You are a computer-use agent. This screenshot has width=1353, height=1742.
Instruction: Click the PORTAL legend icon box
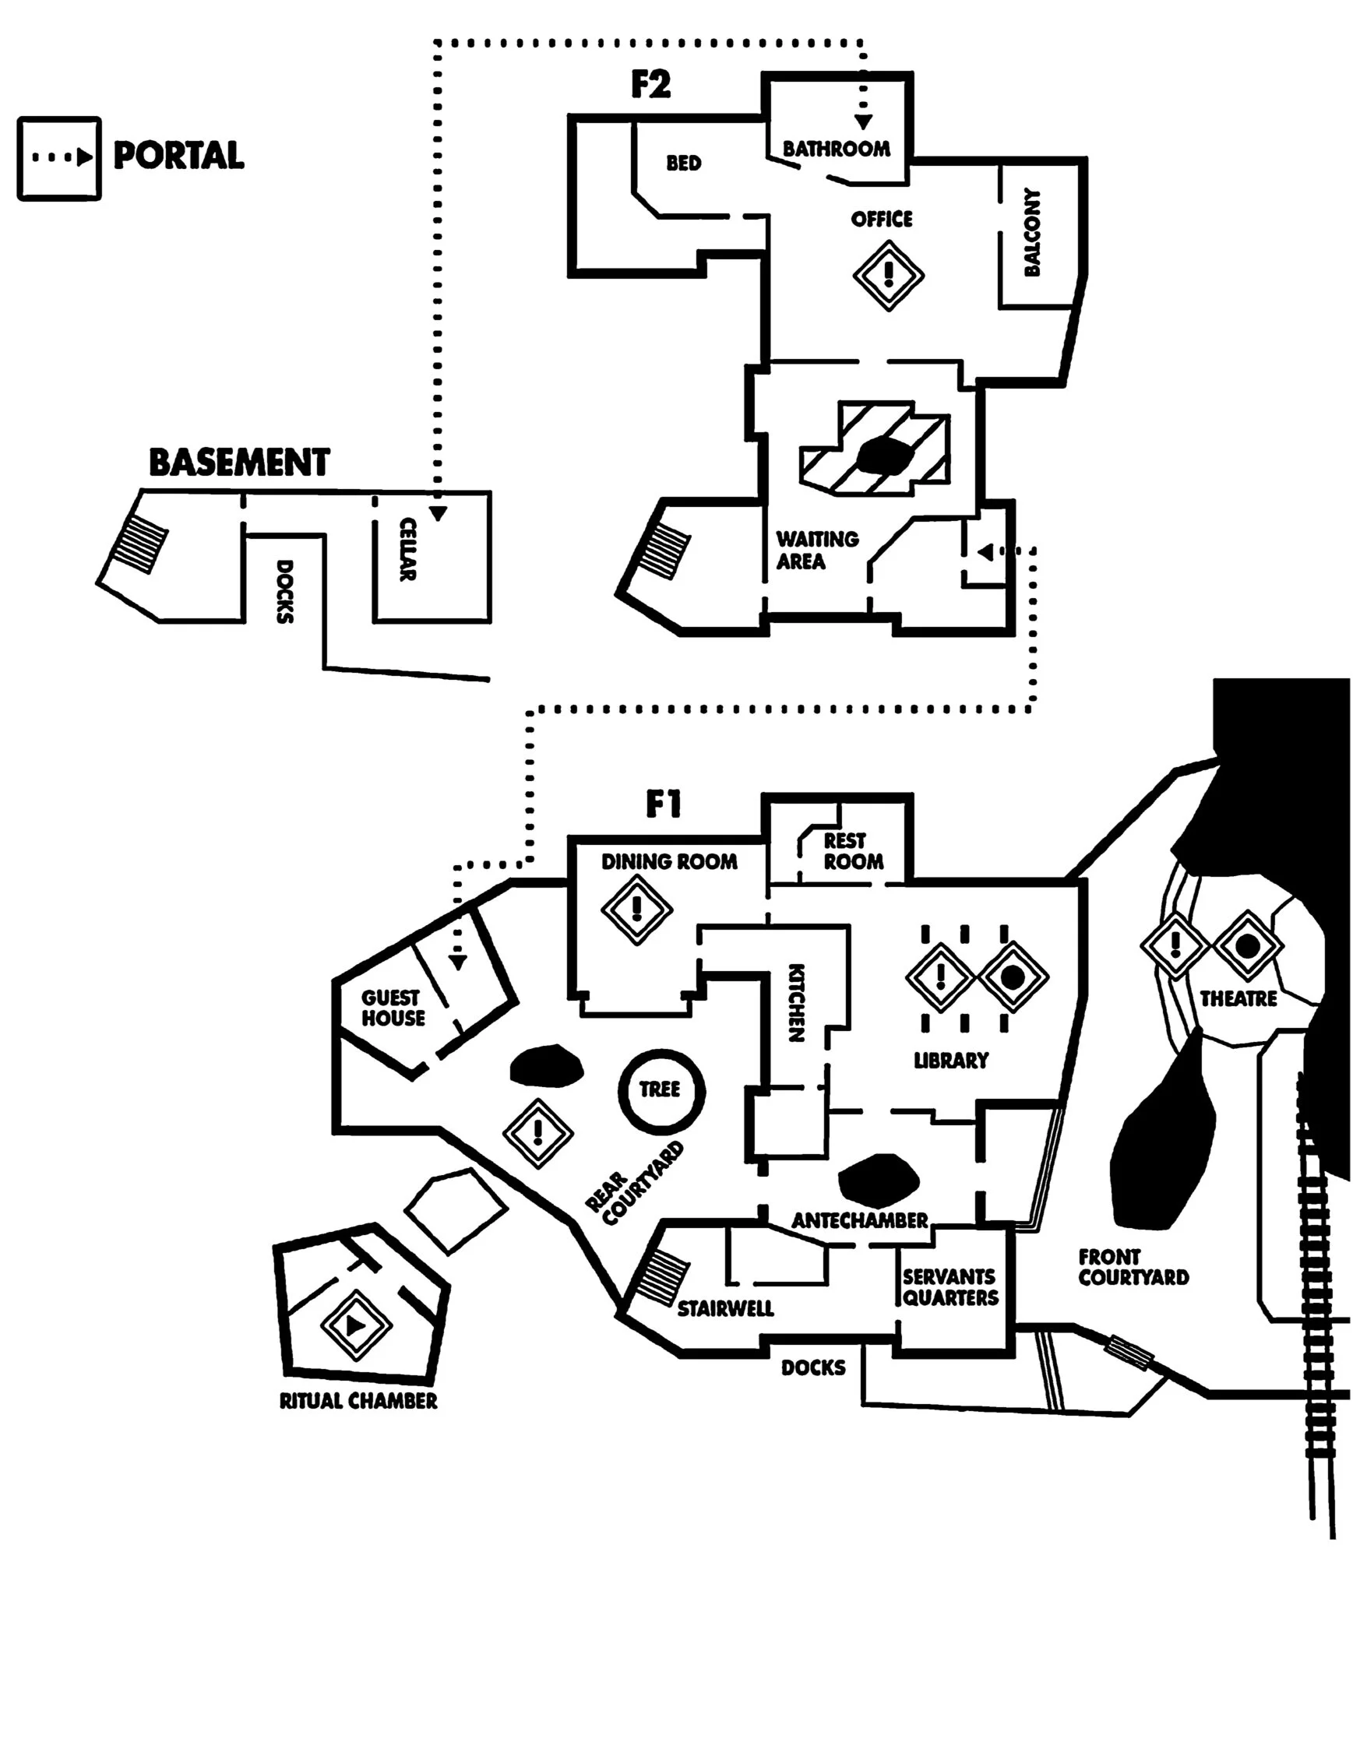(59, 158)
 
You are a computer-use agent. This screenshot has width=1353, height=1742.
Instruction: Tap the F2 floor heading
(650, 85)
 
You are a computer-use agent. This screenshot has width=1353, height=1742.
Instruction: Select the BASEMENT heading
(239, 463)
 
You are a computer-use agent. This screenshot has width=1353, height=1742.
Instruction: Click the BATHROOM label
(836, 150)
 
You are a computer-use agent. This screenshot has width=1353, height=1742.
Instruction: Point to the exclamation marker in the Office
(888, 275)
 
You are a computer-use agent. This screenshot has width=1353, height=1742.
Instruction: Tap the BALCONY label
(1032, 232)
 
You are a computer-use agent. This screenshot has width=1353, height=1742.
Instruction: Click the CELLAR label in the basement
(407, 550)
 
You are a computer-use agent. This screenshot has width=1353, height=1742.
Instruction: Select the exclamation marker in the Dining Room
(636, 909)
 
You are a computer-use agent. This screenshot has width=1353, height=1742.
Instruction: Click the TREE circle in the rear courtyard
(661, 1091)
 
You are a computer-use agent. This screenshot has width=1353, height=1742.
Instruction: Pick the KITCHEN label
(796, 1003)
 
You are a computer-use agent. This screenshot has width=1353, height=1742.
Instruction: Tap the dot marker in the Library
(1013, 977)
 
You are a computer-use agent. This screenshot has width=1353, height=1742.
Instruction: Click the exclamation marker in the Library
(941, 977)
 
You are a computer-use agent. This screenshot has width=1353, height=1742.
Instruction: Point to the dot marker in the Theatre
(1248, 947)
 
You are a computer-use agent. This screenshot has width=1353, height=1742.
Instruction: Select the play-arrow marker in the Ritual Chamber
(355, 1326)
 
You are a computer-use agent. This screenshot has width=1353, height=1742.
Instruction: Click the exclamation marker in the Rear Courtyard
(537, 1132)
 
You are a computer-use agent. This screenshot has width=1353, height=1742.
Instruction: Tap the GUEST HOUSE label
(393, 1008)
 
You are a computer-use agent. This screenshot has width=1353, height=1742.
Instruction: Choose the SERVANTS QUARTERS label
(950, 1287)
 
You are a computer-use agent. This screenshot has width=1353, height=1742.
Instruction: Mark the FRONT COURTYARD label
(1133, 1268)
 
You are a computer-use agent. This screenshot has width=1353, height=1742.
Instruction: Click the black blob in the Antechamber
(878, 1179)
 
